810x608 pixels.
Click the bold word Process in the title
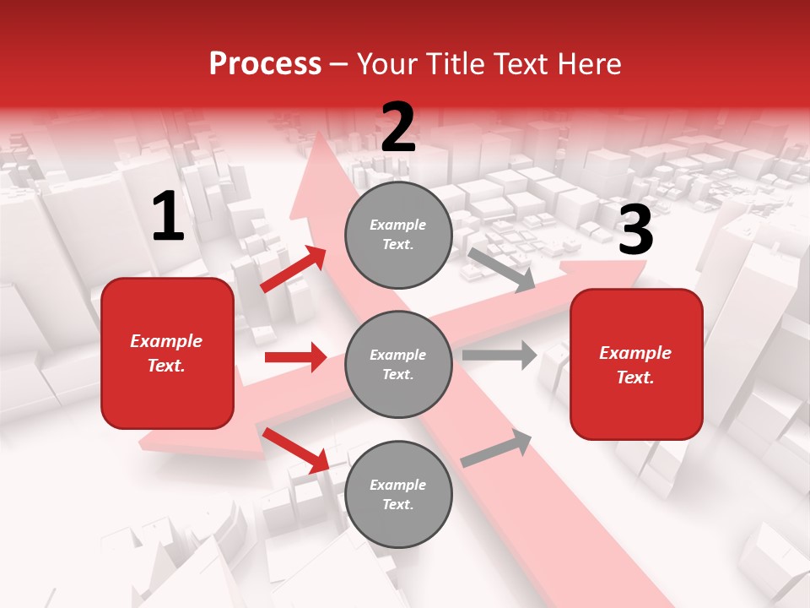point(265,64)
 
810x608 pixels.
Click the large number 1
point(168,218)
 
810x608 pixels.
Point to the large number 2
point(398,128)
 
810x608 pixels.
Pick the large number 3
point(635,231)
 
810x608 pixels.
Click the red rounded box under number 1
point(167,353)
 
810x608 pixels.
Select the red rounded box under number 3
point(636,364)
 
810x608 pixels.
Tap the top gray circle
point(398,235)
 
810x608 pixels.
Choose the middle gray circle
point(398,364)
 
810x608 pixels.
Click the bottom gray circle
point(398,494)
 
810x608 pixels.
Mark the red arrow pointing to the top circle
point(294,269)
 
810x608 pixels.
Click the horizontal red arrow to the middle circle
point(295,357)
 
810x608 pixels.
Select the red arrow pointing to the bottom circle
point(295,449)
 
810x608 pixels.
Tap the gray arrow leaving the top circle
point(502,269)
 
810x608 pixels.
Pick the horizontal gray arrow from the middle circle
point(499,355)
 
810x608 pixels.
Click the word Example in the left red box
point(166,341)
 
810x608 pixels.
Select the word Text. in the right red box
point(635,377)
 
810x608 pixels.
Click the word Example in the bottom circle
point(398,485)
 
